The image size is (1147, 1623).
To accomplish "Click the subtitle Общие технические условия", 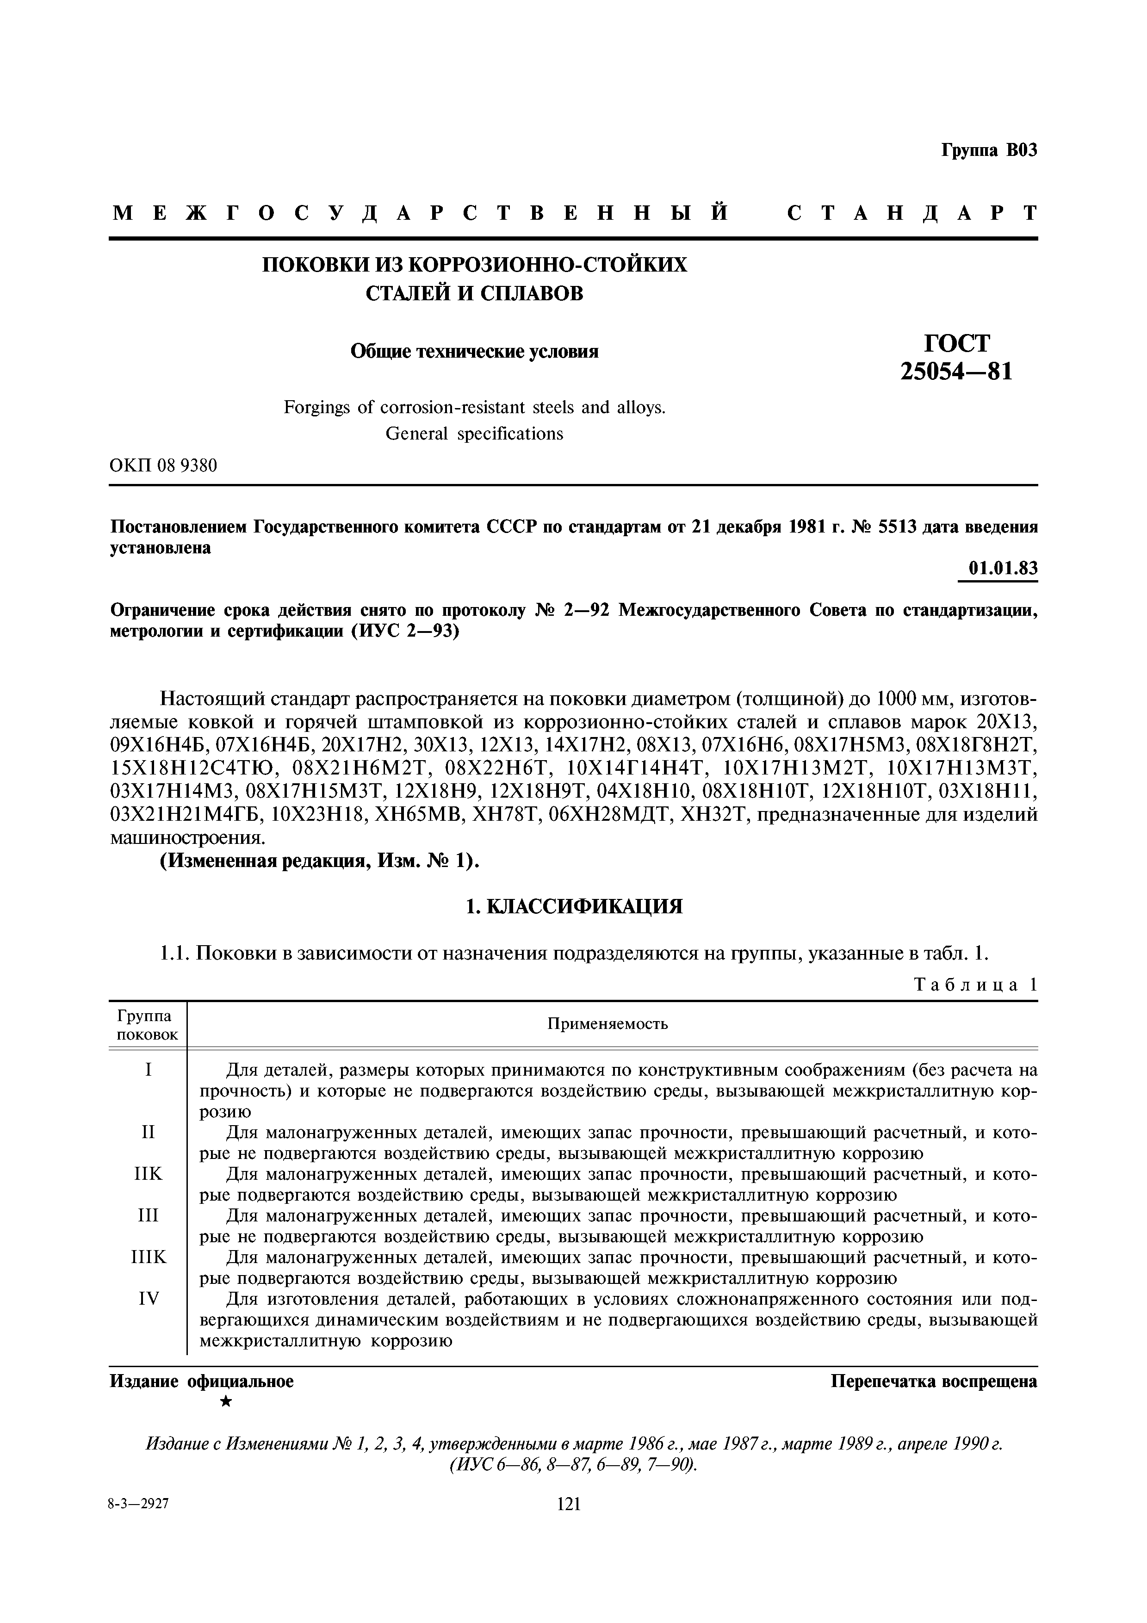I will click(x=474, y=351).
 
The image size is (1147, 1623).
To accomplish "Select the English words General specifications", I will click(x=474, y=434).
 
